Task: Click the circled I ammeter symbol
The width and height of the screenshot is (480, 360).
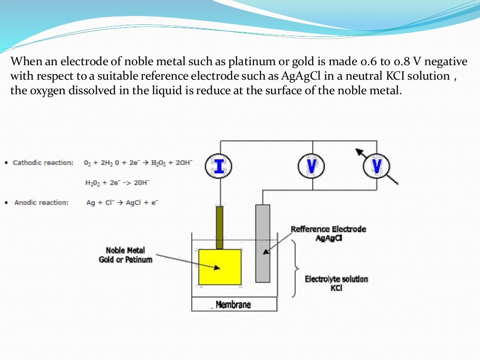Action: click(x=218, y=166)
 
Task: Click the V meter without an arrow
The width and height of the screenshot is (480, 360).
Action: click(x=312, y=166)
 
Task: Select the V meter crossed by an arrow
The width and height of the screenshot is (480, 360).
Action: click(x=376, y=166)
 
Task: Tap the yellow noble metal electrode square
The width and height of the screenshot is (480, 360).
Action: click(x=220, y=267)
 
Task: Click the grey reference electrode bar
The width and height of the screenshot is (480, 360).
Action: click(x=263, y=243)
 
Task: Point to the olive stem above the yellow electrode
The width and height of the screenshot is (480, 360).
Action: click(x=219, y=227)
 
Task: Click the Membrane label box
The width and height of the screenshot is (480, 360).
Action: click(x=234, y=304)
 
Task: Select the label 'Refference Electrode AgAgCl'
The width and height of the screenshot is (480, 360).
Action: click(x=328, y=233)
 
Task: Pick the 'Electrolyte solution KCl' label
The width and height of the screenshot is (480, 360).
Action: click(x=336, y=283)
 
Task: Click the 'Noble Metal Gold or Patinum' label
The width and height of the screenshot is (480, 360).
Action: click(x=125, y=255)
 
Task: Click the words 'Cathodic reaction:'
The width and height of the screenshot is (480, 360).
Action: click(x=43, y=163)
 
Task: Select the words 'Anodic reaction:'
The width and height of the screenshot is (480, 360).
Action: click(x=41, y=202)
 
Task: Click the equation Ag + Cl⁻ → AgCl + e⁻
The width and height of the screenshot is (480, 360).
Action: click(x=122, y=202)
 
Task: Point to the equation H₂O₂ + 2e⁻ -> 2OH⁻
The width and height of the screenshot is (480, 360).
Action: click(x=118, y=182)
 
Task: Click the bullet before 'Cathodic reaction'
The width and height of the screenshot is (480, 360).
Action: click(x=5, y=163)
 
